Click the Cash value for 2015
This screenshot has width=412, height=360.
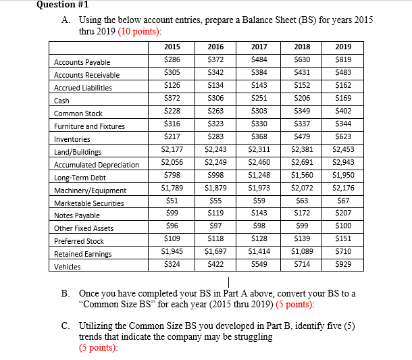tap(174, 100)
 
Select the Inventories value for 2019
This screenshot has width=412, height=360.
tap(342, 138)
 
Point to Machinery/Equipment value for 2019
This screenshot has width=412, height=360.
tap(342, 189)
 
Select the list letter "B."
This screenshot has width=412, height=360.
tap(66, 294)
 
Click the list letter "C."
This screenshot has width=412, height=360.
tap(66, 326)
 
